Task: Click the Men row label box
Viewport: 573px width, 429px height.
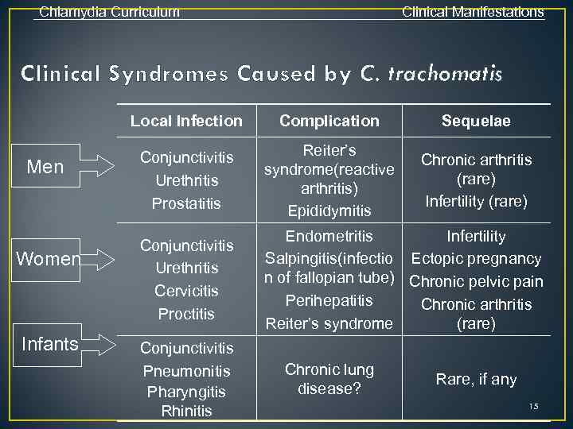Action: [45, 166]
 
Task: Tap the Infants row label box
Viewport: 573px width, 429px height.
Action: [50, 344]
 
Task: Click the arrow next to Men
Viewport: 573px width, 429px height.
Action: [99, 167]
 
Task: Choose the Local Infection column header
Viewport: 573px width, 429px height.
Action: [186, 122]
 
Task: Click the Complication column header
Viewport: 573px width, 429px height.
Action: [329, 122]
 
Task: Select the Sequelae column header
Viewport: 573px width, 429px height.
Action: [476, 122]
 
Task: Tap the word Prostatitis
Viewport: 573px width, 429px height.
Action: [186, 204]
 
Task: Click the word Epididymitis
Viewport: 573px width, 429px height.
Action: [329, 211]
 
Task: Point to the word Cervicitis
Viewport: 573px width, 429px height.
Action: [186, 291]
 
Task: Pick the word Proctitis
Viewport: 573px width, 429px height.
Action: [186, 314]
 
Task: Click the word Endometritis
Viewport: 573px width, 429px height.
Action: [329, 236]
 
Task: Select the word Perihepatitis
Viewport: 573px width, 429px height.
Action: [329, 301]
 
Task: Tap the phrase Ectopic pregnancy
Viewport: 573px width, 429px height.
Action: [476, 259]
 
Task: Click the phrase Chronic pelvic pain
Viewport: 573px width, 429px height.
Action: [476, 282]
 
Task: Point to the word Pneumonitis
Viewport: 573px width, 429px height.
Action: [186, 371]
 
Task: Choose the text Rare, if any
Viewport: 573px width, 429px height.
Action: [476, 380]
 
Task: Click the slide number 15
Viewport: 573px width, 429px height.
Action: [533, 407]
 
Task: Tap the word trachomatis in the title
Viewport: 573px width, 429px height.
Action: [446, 75]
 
